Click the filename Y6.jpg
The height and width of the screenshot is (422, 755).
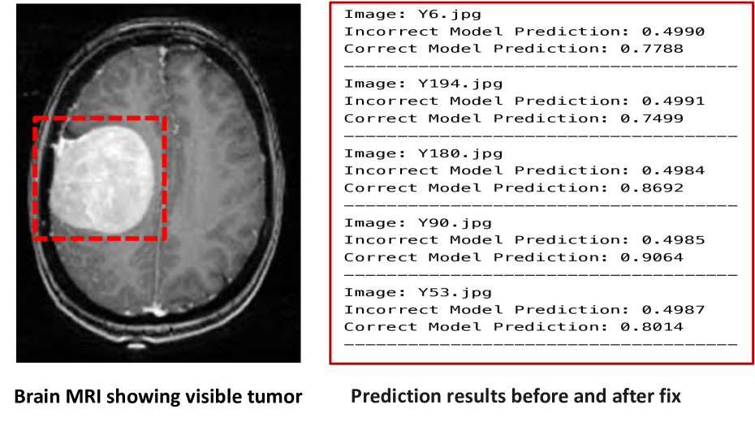pos(449,15)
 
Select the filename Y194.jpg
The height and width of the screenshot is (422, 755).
pos(459,84)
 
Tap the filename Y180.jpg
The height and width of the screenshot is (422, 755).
pos(459,153)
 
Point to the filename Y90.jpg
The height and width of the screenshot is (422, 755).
pos(455,223)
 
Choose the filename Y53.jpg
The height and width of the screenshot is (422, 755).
pos(455,293)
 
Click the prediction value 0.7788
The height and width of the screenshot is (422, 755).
pos(651,49)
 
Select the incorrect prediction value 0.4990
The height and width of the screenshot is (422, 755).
pos(673,32)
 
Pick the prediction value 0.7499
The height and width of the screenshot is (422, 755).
pos(651,118)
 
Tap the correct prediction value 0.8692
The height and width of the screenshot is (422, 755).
pos(651,187)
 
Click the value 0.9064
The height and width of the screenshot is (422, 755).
pos(651,257)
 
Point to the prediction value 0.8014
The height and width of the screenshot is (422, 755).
pos(651,327)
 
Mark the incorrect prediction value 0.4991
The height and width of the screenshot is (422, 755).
pos(673,101)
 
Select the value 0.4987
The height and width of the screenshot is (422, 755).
pos(673,309)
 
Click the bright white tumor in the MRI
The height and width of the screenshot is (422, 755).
pos(102,180)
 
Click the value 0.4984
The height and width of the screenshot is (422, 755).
pos(673,170)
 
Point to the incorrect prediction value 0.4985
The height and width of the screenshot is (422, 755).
pos(673,239)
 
